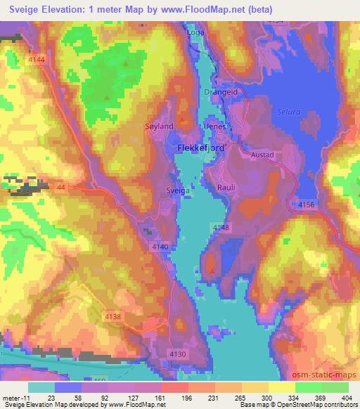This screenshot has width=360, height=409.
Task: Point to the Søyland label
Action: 158,125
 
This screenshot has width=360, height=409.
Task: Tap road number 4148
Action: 220,226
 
